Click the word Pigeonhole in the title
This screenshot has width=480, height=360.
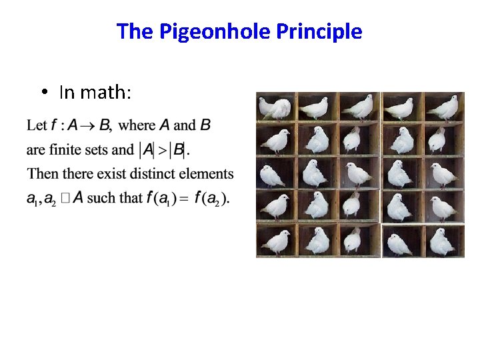tap(213, 31)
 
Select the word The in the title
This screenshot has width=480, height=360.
tap(135, 31)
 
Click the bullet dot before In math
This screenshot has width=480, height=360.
tap(43, 93)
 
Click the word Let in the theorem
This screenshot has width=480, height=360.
tap(37, 125)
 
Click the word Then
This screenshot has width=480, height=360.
tap(43, 174)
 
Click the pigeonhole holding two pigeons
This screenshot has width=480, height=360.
tap(275, 107)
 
